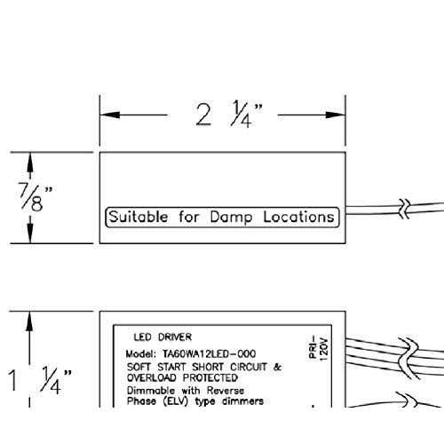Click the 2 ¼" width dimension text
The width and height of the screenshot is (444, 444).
click(x=229, y=114)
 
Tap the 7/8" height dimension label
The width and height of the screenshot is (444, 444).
click(x=35, y=197)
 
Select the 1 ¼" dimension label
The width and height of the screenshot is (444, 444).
click(x=40, y=380)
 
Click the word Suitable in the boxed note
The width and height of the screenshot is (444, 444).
click(x=139, y=217)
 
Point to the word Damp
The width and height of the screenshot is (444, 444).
click(x=231, y=218)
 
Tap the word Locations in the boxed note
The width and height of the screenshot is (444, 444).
click(x=298, y=217)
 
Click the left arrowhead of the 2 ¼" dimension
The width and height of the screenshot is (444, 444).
click(x=110, y=115)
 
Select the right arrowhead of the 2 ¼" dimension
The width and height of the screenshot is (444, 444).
click(x=336, y=115)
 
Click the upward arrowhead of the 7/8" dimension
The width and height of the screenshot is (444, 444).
click(x=30, y=163)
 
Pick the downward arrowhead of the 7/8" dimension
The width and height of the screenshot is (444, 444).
click(x=30, y=234)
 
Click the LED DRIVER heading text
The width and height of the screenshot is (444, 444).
click(x=163, y=337)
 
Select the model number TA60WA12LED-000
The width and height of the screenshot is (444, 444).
click(x=209, y=353)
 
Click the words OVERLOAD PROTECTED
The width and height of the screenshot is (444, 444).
click(x=182, y=377)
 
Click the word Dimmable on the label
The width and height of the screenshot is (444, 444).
click(x=151, y=390)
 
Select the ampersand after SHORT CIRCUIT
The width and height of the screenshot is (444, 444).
click(x=278, y=367)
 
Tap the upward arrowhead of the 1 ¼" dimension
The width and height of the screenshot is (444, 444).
click(x=29, y=321)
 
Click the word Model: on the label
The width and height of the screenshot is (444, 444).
click(x=140, y=353)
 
